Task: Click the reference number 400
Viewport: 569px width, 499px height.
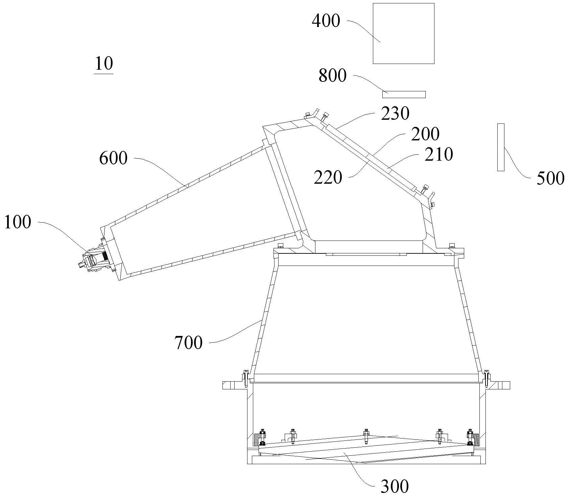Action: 326,21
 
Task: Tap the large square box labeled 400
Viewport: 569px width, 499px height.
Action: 403,33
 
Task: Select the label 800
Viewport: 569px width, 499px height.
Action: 333,76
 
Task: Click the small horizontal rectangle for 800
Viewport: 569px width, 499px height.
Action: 404,94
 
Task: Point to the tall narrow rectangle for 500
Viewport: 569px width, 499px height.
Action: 501,147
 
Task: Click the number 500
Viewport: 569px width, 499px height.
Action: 550,178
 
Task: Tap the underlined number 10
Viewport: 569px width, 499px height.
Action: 104,64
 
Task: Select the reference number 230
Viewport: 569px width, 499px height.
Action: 395,114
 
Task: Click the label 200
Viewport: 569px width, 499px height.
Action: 425,134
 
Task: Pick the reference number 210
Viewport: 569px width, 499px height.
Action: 438,154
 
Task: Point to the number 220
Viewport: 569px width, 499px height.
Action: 328,178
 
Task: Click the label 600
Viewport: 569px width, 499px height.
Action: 113,158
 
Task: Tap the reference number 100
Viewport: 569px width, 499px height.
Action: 18,223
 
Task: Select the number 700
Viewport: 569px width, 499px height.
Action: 189,343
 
